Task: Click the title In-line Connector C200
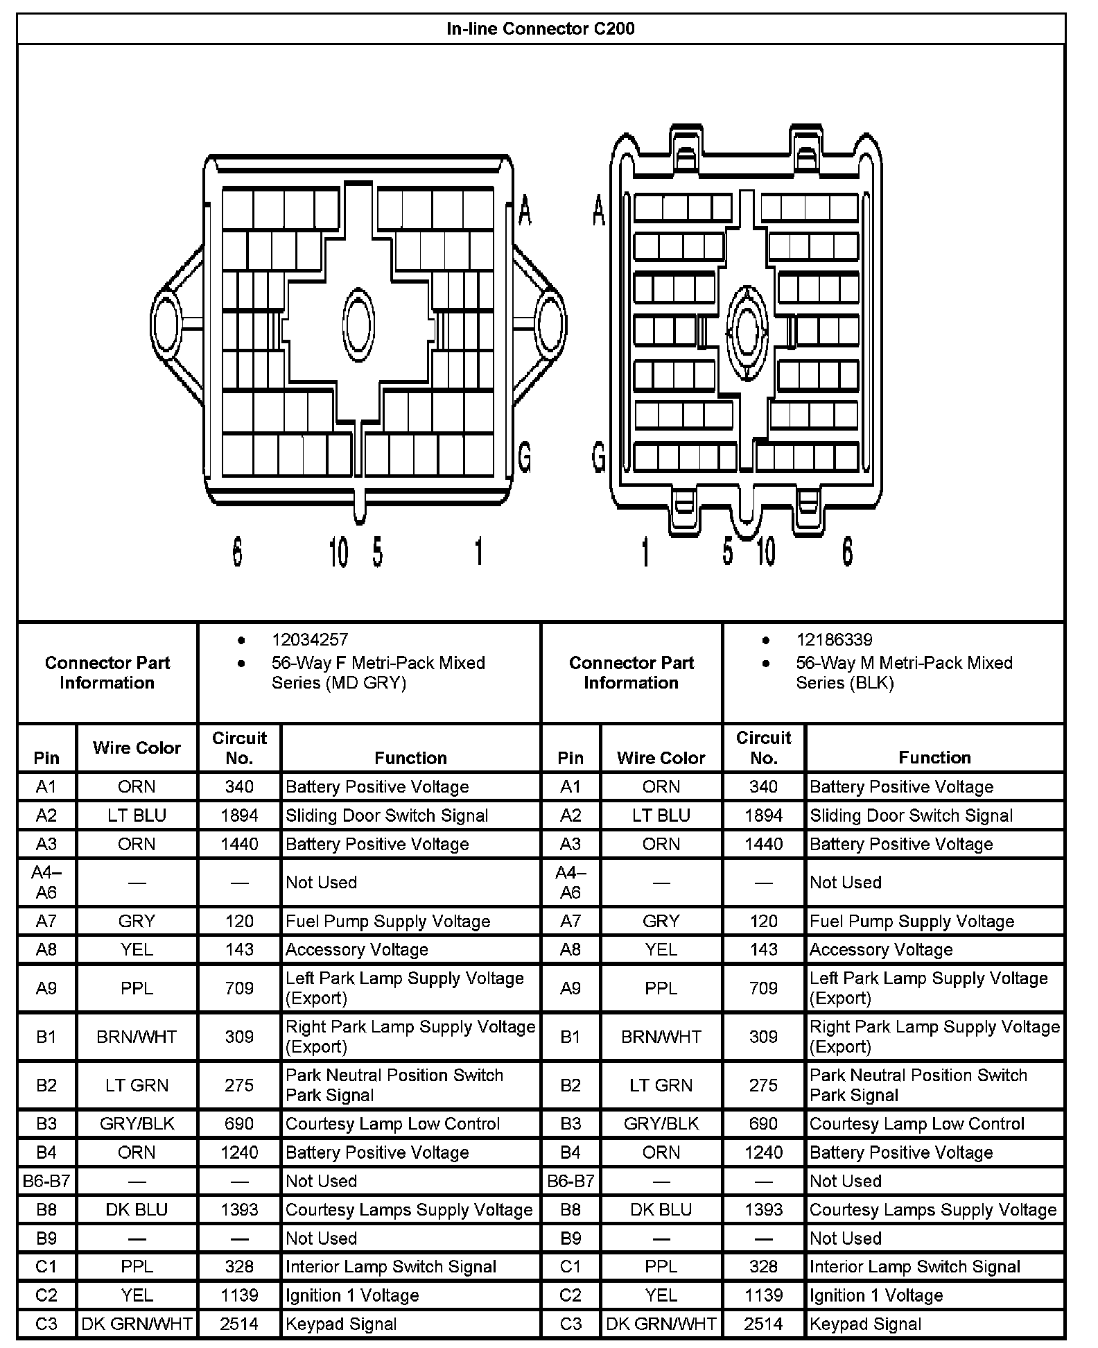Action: [x=540, y=29]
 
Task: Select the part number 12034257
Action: [x=309, y=639]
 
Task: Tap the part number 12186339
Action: [x=834, y=639]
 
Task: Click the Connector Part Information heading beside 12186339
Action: [x=631, y=673]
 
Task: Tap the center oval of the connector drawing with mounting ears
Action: [x=358, y=324]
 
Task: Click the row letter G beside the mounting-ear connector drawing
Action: [x=525, y=457]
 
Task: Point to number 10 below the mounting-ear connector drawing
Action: [x=338, y=553]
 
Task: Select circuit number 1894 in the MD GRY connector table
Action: [x=239, y=815]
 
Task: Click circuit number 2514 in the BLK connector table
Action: [x=763, y=1324]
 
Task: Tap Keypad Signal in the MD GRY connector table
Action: [x=341, y=1324]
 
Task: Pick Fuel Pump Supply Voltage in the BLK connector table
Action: [x=912, y=921]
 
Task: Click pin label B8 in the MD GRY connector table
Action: [x=46, y=1209]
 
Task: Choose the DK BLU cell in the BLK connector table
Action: [x=661, y=1209]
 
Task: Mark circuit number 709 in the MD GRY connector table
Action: [x=239, y=988]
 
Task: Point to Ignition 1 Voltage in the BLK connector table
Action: [x=875, y=1295]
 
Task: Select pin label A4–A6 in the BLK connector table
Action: [x=570, y=882]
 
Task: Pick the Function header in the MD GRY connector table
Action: [x=410, y=758]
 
